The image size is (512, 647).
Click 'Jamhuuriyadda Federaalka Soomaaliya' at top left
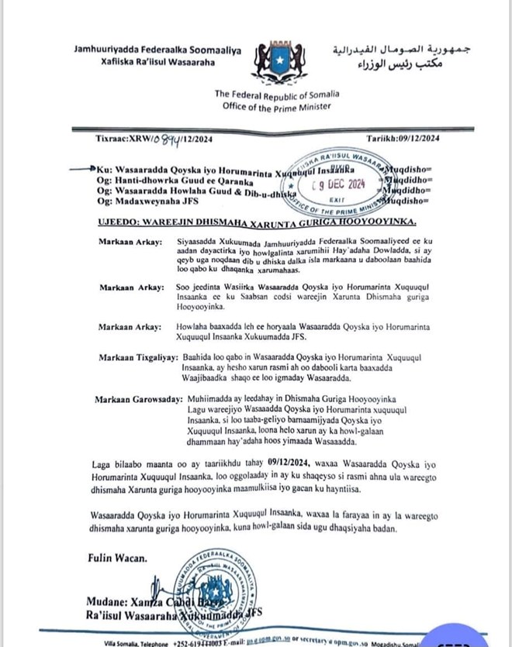(x=157, y=50)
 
